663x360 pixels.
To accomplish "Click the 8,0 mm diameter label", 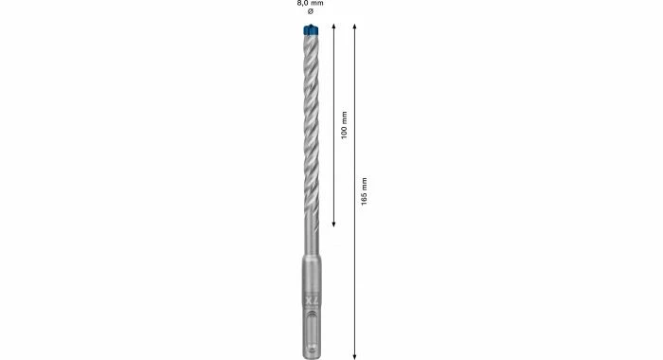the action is [310, 3].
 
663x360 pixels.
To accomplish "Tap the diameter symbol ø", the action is [311, 11].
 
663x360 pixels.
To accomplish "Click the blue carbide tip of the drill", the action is [311, 30].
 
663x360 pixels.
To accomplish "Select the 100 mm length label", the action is [344, 125].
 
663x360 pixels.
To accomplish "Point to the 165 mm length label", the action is [364, 191].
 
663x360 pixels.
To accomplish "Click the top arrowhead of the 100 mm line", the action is [333, 27].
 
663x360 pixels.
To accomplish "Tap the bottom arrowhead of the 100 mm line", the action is [333, 225].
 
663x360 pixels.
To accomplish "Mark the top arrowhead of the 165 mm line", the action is [354, 27].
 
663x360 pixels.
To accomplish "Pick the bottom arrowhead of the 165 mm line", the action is [354, 356].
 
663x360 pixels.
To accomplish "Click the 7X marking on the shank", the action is [312, 300].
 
